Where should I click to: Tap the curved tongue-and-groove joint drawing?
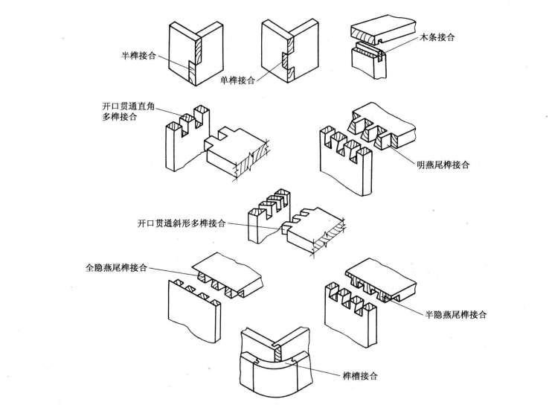click(x=275, y=365)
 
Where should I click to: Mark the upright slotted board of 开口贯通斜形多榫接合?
click(x=264, y=223)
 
